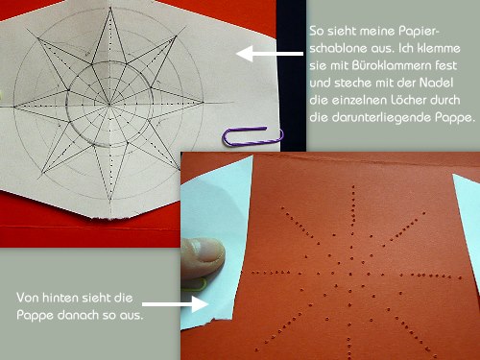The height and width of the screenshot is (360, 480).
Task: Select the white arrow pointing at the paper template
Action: [270, 54]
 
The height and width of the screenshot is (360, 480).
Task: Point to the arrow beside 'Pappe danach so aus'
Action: [175, 303]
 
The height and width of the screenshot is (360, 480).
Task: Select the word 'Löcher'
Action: [408, 100]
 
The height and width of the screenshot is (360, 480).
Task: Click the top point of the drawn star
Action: [110, 9]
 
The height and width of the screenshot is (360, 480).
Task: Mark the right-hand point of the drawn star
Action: [204, 103]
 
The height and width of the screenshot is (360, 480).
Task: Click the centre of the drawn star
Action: [109, 104]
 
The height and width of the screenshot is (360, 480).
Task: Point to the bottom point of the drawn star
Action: [110, 200]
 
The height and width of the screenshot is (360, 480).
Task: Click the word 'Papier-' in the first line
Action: [420, 32]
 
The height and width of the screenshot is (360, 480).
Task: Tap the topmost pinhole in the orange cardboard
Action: [353, 186]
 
